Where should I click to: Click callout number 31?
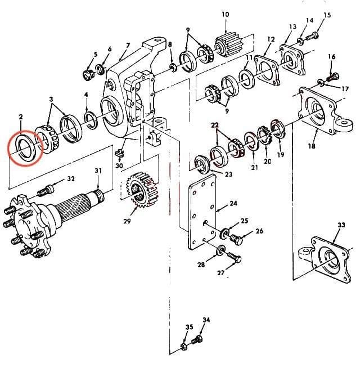pyautogui.click(x=98, y=171)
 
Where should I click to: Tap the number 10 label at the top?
pyautogui.click(x=225, y=14)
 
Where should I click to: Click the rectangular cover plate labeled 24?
pyautogui.click(x=204, y=214)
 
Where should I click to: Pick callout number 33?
pyautogui.click(x=341, y=225)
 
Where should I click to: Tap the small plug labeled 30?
pyautogui.click(x=119, y=154)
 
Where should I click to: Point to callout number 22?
pyautogui.click(x=215, y=125)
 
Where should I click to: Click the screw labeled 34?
pyautogui.click(x=197, y=340)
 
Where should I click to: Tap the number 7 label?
pyautogui.click(x=128, y=46)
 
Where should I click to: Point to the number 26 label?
pyautogui.click(x=259, y=231)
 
